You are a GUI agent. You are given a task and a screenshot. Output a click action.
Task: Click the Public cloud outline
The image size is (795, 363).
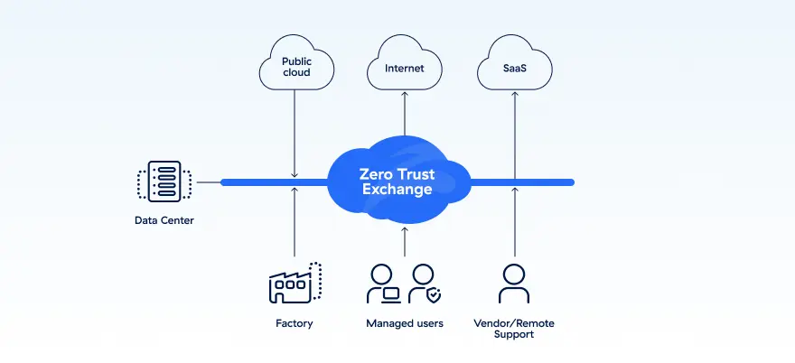295,66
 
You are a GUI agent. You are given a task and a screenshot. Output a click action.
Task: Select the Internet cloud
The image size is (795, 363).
404,66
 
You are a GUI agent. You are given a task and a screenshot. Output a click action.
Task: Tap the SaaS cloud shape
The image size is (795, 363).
514,66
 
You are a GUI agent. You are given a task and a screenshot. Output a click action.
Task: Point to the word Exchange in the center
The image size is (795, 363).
397,191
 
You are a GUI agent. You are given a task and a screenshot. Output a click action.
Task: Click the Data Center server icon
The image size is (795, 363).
164,182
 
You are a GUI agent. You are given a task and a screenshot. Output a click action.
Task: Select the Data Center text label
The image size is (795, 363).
164,220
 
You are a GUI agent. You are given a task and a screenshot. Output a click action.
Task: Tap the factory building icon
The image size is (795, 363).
295,284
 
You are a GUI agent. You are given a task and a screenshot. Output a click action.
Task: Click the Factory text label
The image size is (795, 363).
295,323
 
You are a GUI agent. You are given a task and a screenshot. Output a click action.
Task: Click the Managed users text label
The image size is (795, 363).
404,323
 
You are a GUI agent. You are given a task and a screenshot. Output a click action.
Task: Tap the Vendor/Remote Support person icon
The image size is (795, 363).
514,284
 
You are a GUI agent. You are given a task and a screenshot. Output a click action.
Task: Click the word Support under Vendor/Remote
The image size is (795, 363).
514,335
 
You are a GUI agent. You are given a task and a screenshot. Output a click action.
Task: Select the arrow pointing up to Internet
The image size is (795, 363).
404,113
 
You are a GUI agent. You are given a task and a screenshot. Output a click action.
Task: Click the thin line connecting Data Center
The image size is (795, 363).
209,182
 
